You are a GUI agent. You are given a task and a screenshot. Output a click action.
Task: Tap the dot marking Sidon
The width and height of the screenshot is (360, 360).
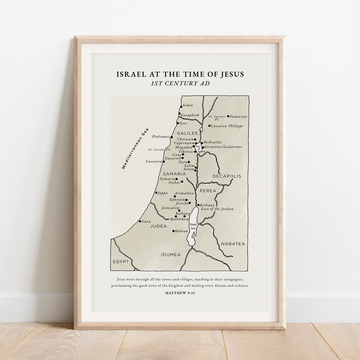[x=181, y=106]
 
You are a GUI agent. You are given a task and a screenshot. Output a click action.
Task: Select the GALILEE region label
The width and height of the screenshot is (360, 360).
[x=187, y=134]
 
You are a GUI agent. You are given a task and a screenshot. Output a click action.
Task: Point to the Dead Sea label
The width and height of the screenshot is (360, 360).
[x=193, y=226]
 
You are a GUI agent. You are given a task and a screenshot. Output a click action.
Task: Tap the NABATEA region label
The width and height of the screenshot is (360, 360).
[x=233, y=243]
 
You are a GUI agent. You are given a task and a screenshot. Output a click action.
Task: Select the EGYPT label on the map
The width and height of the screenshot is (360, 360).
[x=121, y=261]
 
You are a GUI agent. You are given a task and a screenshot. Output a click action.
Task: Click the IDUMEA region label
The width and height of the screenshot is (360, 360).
[x=171, y=255]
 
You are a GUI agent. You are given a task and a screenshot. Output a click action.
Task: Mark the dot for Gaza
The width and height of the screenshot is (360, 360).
[x=140, y=221]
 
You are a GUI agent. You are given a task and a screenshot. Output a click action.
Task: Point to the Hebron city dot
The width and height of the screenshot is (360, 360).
[x=174, y=231]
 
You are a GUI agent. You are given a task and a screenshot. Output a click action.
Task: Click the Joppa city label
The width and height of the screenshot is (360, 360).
[x=162, y=193]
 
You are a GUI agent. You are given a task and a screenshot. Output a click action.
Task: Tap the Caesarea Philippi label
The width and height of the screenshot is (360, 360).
[x=227, y=126]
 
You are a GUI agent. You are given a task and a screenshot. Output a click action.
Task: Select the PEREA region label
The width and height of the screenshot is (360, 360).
[x=208, y=191]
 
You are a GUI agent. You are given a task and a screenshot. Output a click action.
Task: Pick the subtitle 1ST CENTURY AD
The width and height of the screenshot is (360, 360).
[x=180, y=83]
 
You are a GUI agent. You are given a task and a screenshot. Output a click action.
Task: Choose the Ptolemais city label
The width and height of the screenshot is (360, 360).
[x=161, y=136]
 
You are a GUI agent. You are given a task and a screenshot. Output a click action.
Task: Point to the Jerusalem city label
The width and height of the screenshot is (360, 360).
[x=170, y=208]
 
